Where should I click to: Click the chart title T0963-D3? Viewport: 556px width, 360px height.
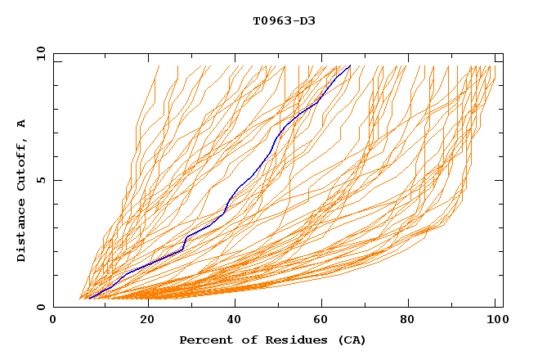pos(284,20)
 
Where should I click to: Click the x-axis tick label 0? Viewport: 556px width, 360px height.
pos(53,321)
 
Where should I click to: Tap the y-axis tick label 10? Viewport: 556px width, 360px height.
pos(41,53)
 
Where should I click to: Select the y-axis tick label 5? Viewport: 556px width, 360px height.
pos(41,180)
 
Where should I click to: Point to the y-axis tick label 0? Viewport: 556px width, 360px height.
pos(41,307)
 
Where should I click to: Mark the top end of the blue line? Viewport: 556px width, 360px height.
pos(350,65)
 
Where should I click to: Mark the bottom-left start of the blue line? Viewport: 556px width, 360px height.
pos(88,298)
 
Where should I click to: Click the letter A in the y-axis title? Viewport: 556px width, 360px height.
pos(21,123)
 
